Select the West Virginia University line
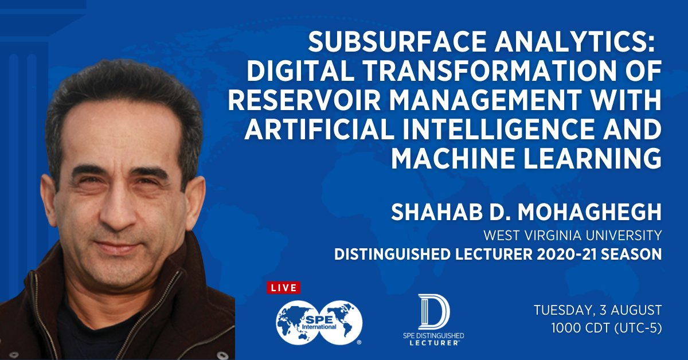point(573,235)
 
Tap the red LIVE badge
point(283,287)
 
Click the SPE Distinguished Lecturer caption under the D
point(433,338)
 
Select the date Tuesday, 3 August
point(597,310)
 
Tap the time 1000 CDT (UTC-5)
point(606,330)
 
